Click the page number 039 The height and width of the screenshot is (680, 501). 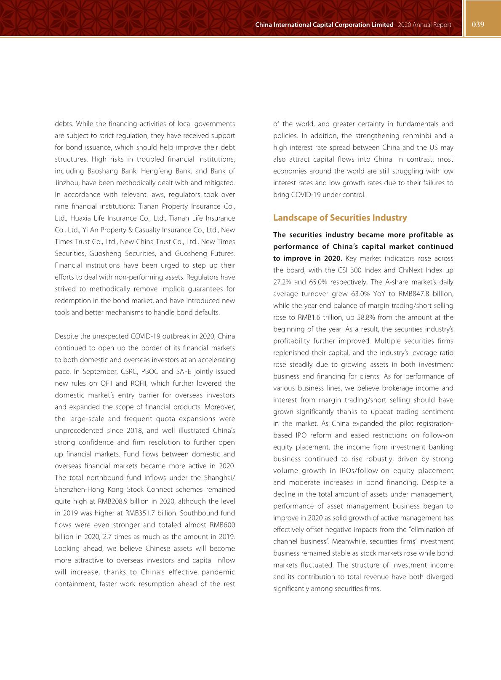[x=478, y=24]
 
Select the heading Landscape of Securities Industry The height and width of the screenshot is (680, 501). [x=340, y=218]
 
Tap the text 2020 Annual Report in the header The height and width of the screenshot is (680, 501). [x=424, y=25]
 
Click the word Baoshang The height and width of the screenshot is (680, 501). [x=101, y=171]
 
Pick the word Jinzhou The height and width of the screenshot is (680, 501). [x=66, y=183]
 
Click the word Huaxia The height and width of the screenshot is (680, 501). [x=80, y=218]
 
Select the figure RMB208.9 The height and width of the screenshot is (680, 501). [x=113, y=501]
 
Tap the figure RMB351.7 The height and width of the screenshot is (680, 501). [x=141, y=513]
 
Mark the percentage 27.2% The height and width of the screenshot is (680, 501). [x=282, y=282]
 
